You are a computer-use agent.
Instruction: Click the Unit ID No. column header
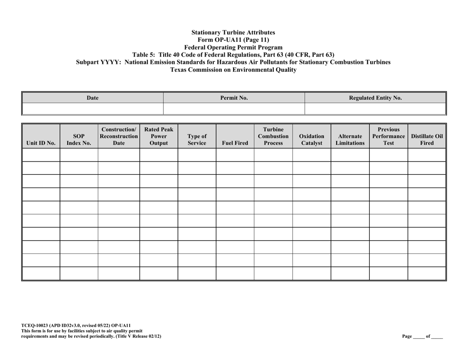coord(41,143)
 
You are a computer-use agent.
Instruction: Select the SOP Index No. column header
coord(79,139)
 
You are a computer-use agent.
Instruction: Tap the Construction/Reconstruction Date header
coord(119,136)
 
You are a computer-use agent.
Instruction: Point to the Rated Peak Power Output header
coord(158,136)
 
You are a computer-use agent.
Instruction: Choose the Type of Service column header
coord(197,139)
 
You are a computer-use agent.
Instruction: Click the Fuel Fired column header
coord(234,143)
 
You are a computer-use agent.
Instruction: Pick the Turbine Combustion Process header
coord(273,136)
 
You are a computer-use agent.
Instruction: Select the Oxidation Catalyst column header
coord(311,139)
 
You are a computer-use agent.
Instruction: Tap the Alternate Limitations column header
coord(350,139)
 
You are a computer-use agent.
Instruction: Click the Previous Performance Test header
coord(388,136)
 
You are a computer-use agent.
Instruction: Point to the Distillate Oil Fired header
coord(427,139)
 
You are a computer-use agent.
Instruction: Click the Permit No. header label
coord(234,98)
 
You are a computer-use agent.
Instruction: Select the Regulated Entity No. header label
coord(375,98)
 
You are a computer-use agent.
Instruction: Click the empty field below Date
coord(93,109)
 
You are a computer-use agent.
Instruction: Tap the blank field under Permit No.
coord(234,109)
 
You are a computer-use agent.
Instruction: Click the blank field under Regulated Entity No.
coord(375,109)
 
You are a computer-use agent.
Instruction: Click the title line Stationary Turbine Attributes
coord(233,32)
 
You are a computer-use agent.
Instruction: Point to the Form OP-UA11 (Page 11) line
coord(233,40)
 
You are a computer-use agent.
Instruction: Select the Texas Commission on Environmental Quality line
coord(233,70)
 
